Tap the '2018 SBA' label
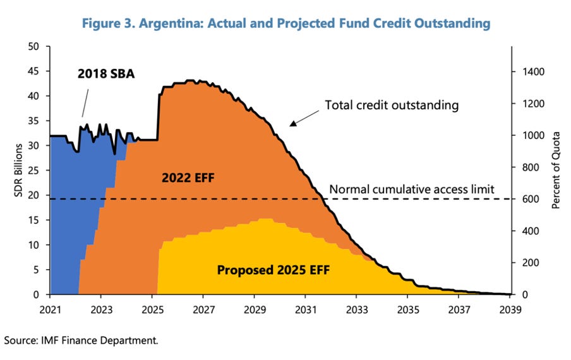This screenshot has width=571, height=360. [107, 73]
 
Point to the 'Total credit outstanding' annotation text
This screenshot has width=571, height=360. [392, 105]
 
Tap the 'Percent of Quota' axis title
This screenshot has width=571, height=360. [556, 171]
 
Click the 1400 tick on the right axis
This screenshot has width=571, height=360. [530, 72]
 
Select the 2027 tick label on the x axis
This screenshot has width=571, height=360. [203, 309]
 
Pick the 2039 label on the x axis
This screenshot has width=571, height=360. [510, 309]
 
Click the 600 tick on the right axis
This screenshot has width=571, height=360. [527, 200]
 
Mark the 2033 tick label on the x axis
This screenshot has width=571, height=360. [356, 309]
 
